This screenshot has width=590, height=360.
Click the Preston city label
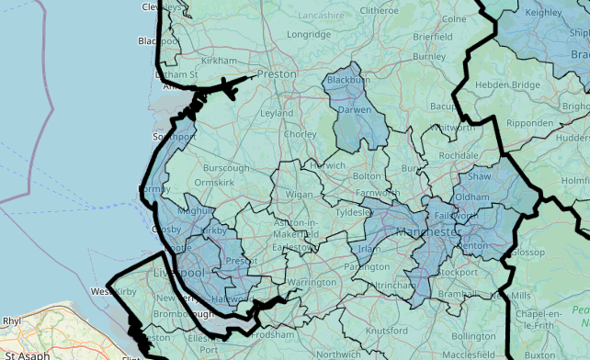click(277, 73)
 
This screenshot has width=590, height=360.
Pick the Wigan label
click(300, 195)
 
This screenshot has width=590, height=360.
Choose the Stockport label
click(458, 272)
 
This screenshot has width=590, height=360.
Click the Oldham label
click(471, 197)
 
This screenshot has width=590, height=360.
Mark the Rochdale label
click(459, 156)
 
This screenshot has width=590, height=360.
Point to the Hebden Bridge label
click(506, 84)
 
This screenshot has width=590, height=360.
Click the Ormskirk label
click(215, 182)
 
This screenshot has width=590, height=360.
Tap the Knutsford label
click(386, 330)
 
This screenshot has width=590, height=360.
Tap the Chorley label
click(300, 134)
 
